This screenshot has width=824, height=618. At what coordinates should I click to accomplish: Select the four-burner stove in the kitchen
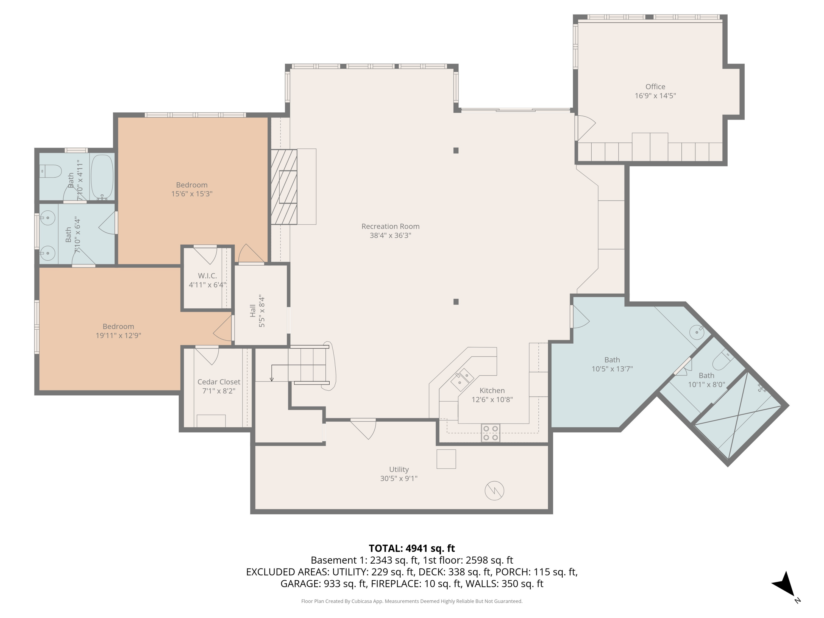[x=490, y=433]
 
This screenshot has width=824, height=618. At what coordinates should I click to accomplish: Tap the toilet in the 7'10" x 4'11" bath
[x=51, y=171]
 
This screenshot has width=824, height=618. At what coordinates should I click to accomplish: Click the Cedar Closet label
[x=219, y=382]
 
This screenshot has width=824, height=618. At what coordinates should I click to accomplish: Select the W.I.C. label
[x=207, y=276]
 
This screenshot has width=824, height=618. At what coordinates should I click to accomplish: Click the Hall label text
[x=253, y=311]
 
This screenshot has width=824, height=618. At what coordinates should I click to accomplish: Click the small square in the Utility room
[x=446, y=459]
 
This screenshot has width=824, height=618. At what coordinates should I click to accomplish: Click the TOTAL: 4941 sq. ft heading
[x=412, y=548]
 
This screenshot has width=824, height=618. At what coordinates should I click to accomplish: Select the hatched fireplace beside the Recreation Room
[x=283, y=186]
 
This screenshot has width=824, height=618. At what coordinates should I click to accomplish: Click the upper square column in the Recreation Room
[x=456, y=151]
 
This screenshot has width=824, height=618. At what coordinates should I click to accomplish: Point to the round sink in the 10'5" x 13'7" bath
[x=696, y=332]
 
